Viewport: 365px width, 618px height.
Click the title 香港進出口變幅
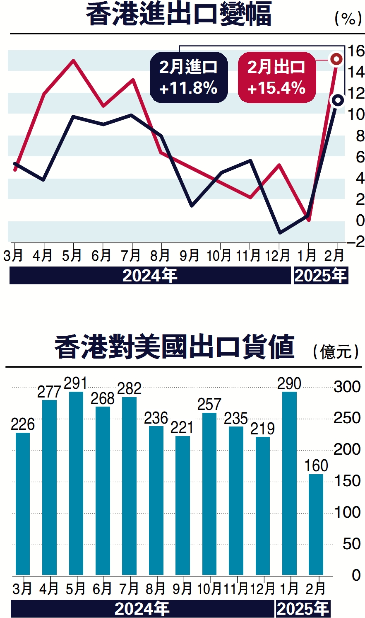179,15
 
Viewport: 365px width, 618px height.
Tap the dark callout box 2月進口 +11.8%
189,78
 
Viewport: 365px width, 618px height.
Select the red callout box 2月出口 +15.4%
276,78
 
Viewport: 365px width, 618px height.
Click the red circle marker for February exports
336,59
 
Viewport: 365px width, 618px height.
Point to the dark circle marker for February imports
338,100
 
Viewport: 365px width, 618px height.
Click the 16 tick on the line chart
355,51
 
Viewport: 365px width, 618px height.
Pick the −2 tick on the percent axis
355,241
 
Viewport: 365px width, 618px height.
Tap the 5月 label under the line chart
72,255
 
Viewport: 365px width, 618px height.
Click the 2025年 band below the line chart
321,276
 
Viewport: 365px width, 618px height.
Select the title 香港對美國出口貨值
174,347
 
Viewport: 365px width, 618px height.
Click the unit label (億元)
336,352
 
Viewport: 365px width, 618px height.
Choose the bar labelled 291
76,483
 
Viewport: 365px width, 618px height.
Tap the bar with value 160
316,524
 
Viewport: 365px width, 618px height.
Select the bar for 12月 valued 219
263,506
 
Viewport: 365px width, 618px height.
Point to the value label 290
289,384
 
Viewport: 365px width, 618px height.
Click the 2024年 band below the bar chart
142,609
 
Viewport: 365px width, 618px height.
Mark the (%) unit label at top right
348,18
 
